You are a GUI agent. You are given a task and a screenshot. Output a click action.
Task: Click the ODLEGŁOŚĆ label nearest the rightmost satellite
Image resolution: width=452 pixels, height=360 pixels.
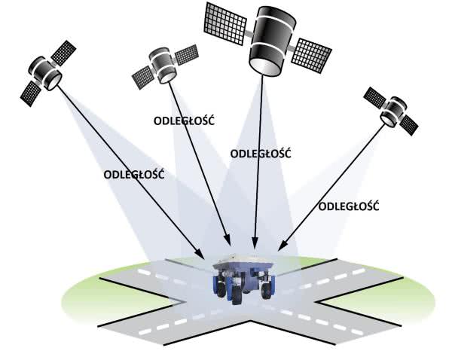tap(349, 205)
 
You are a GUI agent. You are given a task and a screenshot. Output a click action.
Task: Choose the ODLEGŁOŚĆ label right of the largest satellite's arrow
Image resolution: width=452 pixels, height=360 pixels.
tap(260, 153)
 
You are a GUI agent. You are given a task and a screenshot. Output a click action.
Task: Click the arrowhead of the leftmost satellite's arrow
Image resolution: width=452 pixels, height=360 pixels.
tap(199, 253)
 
